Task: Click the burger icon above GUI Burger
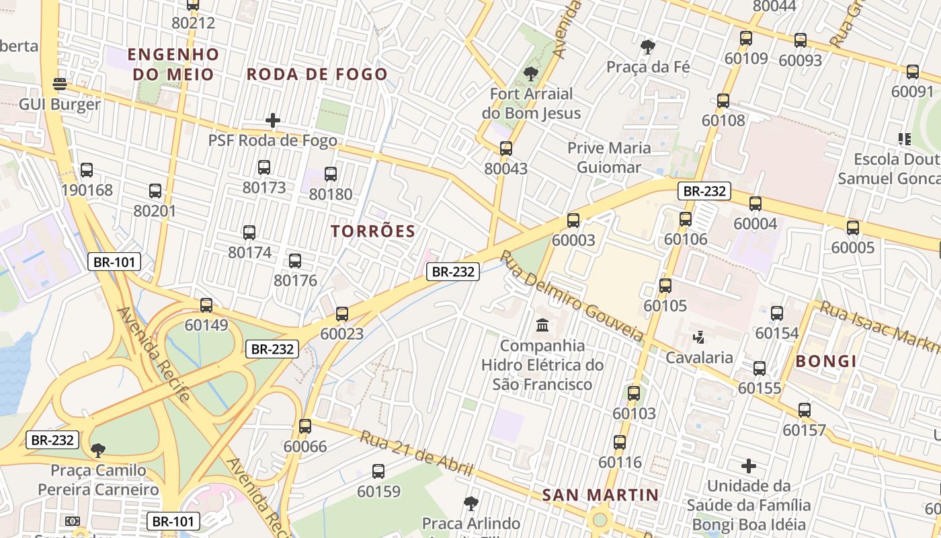(x=60, y=84)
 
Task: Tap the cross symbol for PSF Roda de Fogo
(x=272, y=120)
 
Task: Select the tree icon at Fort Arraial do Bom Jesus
(x=531, y=73)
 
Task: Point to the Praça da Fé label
(x=648, y=67)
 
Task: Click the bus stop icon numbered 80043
(x=506, y=149)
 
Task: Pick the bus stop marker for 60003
(x=573, y=220)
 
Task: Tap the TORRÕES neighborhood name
(x=373, y=231)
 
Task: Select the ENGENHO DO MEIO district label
(x=173, y=64)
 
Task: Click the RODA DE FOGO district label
(x=317, y=74)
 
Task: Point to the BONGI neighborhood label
(x=826, y=361)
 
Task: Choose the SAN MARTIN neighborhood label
(x=600, y=496)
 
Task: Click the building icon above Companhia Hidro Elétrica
(x=542, y=325)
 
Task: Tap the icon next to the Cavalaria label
(x=699, y=337)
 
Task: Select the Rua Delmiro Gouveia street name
(x=572, y=295)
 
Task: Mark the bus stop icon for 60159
(x=378, y=471)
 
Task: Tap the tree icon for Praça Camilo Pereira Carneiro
(x=98, y=450)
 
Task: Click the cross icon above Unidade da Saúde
(x=749, y=465)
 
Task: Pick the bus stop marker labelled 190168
(x=87, y=170)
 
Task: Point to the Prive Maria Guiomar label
(x=609, y=157)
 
